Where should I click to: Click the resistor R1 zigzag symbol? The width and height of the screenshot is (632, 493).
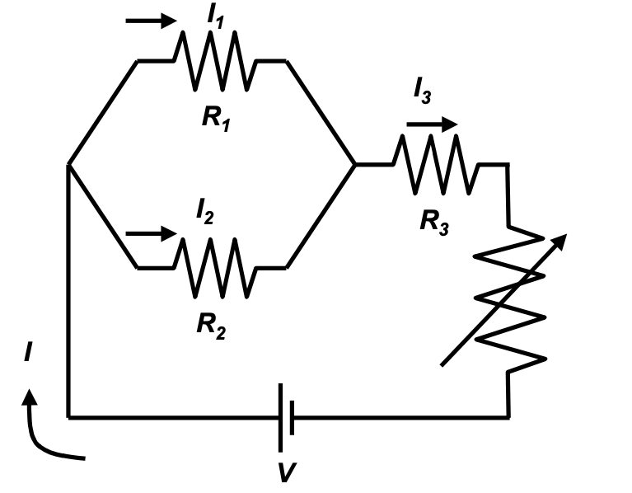click(215, 60)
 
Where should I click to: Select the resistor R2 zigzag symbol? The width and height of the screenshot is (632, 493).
click(215, 267)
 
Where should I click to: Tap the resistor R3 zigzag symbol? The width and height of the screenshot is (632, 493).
click(435, 164)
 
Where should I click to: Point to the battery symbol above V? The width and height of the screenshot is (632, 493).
click(285, 417)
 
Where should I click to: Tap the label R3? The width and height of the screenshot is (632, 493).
click(433, 222)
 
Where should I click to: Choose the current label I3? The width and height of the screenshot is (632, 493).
click(422, 92)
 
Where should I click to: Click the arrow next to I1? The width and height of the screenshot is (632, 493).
click(152, 20)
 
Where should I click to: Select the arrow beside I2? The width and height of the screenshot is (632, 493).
click(152, 234)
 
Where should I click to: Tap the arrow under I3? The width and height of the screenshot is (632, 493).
click(431, 124)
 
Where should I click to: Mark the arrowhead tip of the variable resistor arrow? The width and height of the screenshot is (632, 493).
click(566, 235)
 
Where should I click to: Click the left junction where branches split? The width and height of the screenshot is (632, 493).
click(68, 165)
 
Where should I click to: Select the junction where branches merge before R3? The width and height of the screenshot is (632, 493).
click(355, 165)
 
